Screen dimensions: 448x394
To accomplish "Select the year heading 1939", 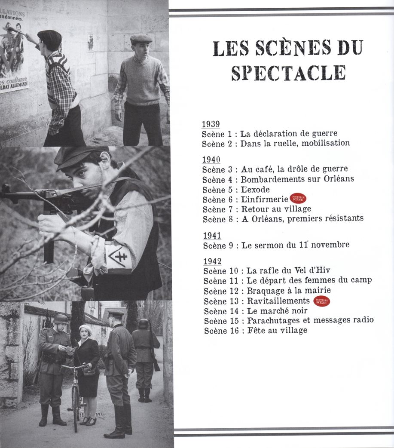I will [x=211, y=124].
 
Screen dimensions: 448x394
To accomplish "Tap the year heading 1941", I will [x=212, y=236].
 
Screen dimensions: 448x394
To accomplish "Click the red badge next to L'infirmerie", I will [x=298, y=199].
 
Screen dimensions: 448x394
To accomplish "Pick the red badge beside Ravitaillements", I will [x=321, y=301].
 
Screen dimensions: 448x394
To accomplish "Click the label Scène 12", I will [x=220, y=291].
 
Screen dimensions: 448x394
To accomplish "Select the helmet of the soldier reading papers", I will [x=61, y=319].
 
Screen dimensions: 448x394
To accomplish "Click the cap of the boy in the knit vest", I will [x=141, y=39].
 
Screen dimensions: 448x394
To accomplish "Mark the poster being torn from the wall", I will [x=13, y=52].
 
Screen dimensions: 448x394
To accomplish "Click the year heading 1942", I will [x=212, y=261].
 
